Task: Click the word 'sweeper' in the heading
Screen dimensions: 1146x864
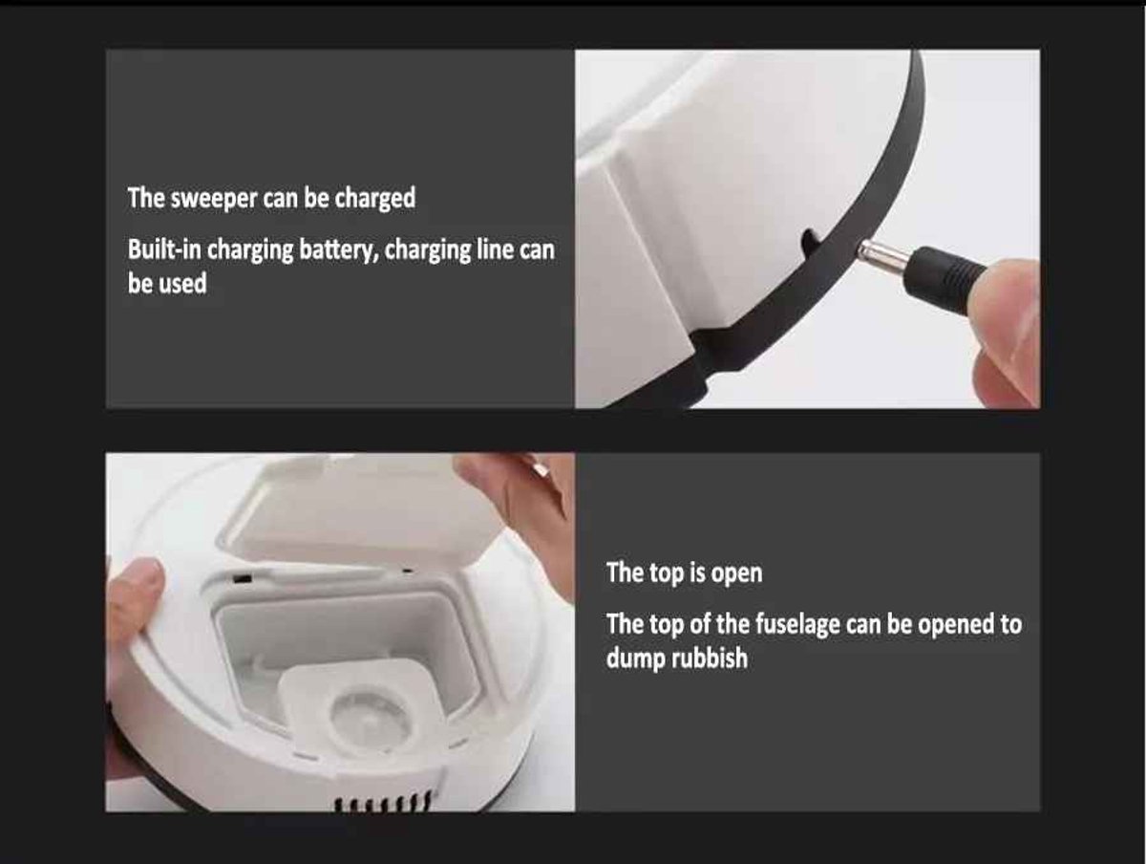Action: pyautogui.click(x=214, y=199)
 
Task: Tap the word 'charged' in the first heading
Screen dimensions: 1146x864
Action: pyautogui.click(x=375, y=199)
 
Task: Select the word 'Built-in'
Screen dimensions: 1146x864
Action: pyautogui.click(x=164, y=249)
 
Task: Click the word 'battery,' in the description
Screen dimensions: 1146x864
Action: pyautogui.click(x=339, y=250)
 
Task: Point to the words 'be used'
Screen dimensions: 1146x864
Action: pyautogui.click(x=167, y=284)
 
